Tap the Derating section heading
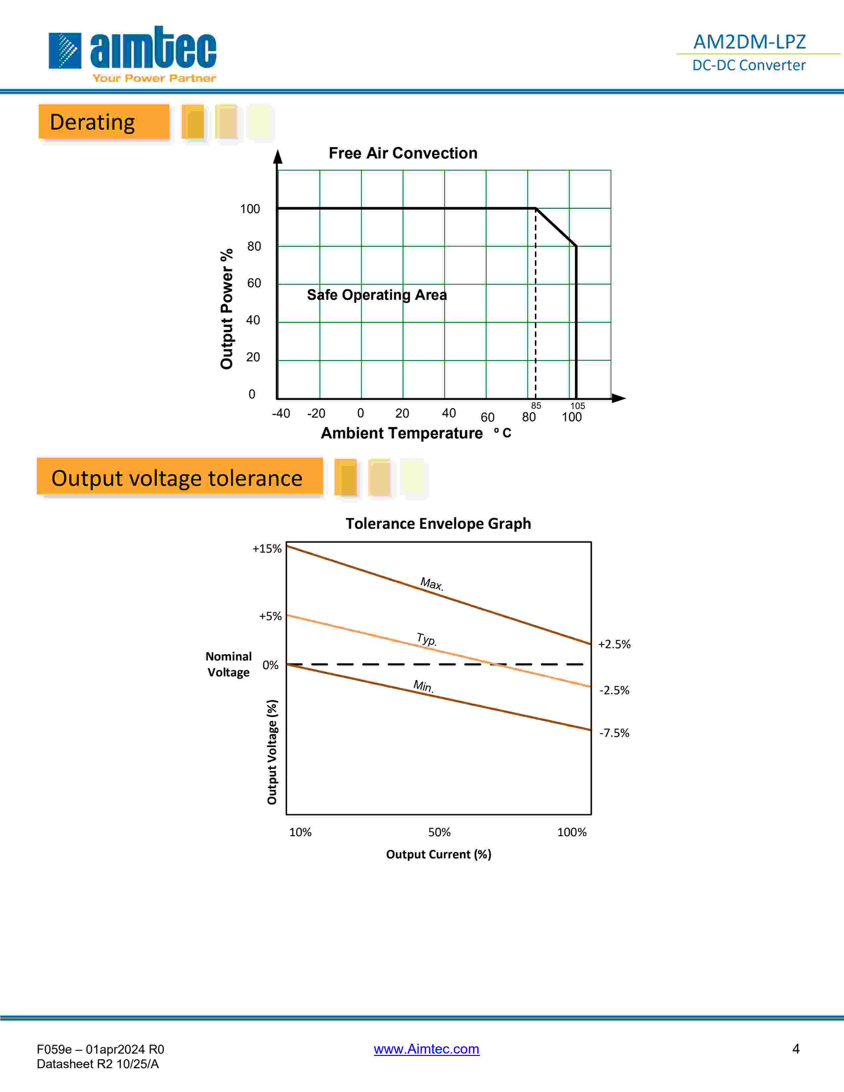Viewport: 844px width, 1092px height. point(92,122)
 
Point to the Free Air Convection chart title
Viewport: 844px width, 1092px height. point(402,153)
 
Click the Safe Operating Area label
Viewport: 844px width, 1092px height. point(377,295)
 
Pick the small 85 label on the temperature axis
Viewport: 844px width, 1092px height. point(536,405)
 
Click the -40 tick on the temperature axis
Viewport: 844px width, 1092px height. point(281,414)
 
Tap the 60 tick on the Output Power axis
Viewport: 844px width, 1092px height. point(254,283)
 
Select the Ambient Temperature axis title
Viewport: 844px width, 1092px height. point(401,433)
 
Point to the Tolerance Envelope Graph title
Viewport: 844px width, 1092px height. point(438,523)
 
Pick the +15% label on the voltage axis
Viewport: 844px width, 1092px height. point(267,549)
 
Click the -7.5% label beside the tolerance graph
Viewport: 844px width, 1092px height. point(614,733)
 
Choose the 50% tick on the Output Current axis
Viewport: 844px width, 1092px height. point(439,832)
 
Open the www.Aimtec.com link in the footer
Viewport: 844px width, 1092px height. point(427,1049)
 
